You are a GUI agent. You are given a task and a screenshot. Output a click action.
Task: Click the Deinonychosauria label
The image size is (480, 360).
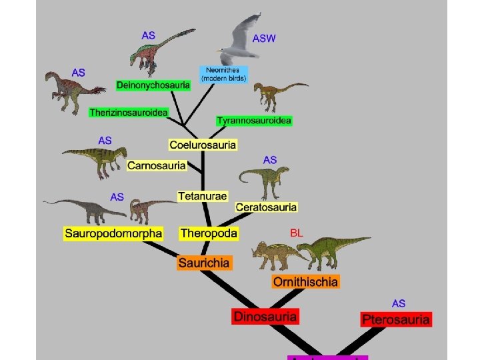click(x=153, y=85)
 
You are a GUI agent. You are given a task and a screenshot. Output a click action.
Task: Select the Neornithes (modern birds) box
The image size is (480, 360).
click(x=223, y=74)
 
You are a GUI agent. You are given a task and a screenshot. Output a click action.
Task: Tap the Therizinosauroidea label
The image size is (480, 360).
click(x=128, y=113)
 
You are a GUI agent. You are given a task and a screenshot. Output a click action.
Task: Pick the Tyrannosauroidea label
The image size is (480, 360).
click(x=254, y=121)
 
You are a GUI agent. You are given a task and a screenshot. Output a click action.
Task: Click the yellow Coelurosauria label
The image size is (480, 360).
click(x=203, y=145)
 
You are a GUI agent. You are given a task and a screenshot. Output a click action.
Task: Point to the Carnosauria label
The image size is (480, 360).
click(x=157, y=165)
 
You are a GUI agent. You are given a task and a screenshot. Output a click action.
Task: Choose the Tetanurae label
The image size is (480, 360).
click(x=203, y=196)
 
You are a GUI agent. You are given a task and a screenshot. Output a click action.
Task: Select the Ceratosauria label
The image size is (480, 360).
click(x=266, y=207)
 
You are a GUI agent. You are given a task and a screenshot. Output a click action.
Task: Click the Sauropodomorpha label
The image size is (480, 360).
click(x=113, y=233)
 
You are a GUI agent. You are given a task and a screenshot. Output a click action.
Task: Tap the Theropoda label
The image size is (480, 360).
click(x=208, y=233)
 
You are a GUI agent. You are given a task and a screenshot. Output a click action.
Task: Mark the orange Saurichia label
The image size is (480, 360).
click(x=204, y=263)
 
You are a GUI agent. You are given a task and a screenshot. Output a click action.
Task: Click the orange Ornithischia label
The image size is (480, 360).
click(x=305, y=281)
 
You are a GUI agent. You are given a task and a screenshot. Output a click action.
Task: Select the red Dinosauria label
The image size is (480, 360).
click(x=265, y=316)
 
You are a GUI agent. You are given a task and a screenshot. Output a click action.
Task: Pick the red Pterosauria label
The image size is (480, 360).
click(x=396, y=319)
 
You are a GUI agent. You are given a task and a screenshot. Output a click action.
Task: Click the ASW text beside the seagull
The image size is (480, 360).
click(x=264, y=39)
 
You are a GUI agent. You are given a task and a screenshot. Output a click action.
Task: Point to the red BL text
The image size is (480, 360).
click(x=297, y=233)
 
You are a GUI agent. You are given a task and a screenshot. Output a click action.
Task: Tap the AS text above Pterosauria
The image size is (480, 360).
click(x=399, y=303)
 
